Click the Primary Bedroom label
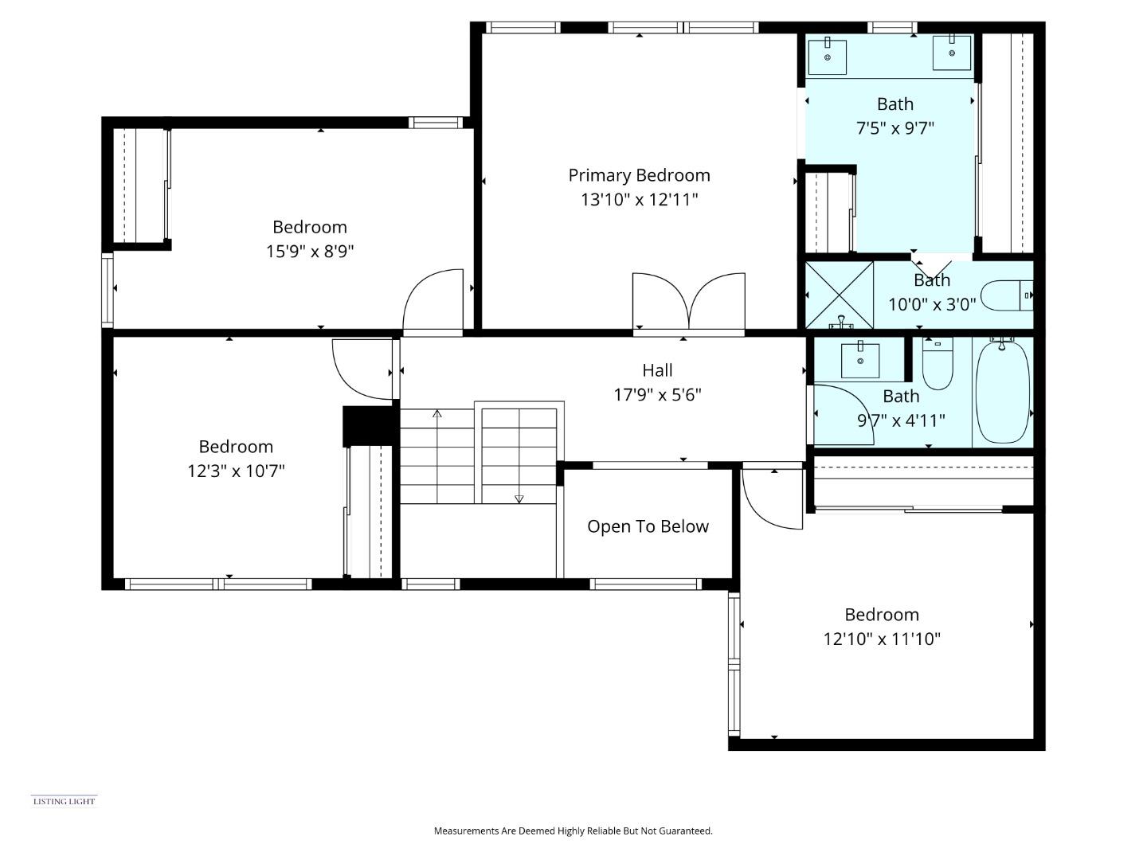point(639,175)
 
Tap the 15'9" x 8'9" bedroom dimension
point(310,252)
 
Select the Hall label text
point(657,370)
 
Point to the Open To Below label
point(648,526)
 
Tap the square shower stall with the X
point(840,295)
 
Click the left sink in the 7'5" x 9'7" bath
point(828,56)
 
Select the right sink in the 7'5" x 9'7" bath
point(952,53)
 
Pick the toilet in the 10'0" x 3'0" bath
point(1006,295)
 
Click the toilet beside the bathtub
point(938,364)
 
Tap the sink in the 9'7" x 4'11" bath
point(861,361)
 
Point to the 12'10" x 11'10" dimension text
point(882,639)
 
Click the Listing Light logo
point(64,801)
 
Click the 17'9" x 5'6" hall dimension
point(657,394)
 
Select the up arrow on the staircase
point(437,414)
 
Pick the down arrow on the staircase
point(519,498)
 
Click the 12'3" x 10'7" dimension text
point(236,471)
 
